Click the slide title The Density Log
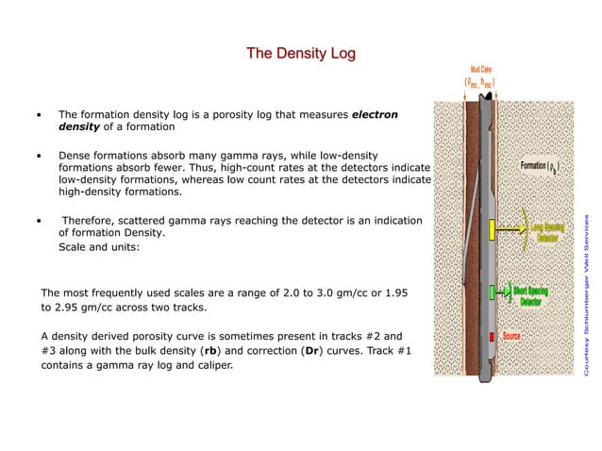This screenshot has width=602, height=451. point(301,54)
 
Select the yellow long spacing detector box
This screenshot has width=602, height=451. point(493,228)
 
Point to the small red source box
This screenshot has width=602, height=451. point(492,337)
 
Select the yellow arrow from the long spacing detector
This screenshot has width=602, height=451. point(514,229)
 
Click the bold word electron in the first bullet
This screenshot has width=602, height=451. point(375,115)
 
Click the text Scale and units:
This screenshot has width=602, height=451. point(99,247)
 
